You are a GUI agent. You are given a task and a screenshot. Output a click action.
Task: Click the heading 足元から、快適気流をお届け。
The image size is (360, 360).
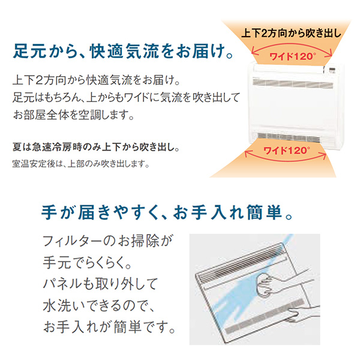(x=123, y=51)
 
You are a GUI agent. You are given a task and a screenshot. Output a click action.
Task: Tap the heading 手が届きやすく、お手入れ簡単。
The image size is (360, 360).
(x=167, y=212)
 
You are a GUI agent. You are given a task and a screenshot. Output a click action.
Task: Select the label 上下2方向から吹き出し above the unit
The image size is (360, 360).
(x=292, y=33)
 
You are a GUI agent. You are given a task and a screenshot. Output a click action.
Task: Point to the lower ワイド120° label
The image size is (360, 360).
(x=287, y=151)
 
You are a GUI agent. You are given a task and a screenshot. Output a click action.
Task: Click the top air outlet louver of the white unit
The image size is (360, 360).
(x=293, y=83)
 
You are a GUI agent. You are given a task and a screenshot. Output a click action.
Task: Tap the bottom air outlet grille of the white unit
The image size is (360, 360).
(x=289, y=138)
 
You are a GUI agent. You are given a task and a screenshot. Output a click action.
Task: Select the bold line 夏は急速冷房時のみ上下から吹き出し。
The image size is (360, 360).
(x=96, y=147)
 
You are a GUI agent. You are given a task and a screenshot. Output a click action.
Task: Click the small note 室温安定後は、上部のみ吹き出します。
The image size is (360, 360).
(x=81, y=164)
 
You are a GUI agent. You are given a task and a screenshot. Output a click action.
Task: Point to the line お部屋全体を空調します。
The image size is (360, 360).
(x=73, y=115)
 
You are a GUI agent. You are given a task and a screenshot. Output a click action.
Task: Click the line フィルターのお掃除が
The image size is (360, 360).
(x=107, y=241)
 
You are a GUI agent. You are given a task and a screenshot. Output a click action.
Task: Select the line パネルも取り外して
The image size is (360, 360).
(x=100, y=284)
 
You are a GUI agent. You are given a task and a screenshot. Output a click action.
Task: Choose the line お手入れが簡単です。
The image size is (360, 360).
(x=110, y=327)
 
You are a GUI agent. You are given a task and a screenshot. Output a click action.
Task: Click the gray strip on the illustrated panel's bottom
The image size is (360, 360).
(x=265, y=316)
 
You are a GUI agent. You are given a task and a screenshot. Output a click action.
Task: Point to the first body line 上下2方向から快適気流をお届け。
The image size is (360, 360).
(x=97, y=80)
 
